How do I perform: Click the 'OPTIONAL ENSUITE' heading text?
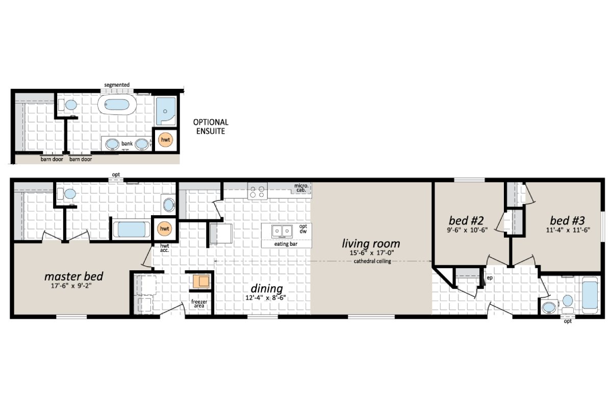pos(210,126)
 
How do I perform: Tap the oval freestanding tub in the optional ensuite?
pos(117,106)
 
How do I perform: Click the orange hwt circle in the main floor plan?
pos(164,229)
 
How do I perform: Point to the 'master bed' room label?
pos(73,276)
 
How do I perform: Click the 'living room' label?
pos(371,243)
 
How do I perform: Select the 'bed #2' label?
pos(466,220)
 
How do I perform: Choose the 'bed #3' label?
pos(567,220)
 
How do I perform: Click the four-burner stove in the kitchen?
pos(257,191)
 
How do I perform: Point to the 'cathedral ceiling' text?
pos(371,262)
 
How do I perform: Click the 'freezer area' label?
pos(199,304)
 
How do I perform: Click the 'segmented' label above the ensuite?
pos(117,85)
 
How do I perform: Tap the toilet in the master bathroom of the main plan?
pos(68,194)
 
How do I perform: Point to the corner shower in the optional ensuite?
pos(166,111)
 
